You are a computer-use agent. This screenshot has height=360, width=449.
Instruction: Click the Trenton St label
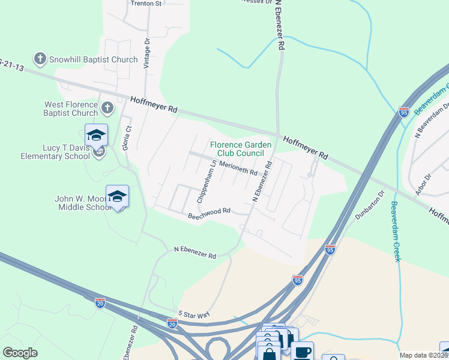coord(146,4)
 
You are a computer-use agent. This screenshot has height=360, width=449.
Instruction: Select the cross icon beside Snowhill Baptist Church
coord(40,59)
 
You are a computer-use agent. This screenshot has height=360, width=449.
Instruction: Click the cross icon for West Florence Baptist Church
coord(107,109)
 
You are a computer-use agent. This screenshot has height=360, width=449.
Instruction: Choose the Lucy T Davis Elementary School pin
coord(96,135)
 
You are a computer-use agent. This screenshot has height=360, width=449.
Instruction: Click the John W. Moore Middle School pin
coord(117,196)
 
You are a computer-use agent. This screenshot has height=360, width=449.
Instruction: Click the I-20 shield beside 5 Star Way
coord(172,324)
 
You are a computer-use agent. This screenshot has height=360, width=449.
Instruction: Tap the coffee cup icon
coord(303,352)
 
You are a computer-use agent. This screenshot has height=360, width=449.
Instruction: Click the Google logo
coord(20,353)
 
